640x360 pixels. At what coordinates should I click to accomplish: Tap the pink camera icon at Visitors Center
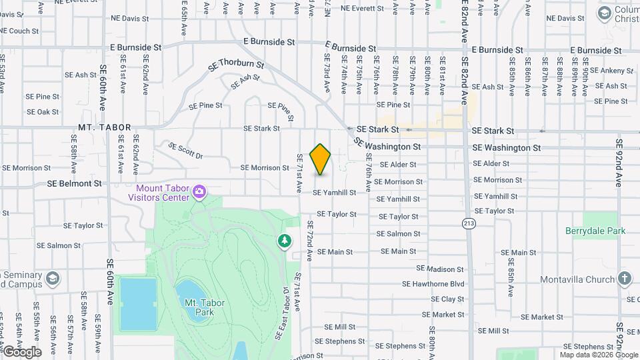pos(199,193)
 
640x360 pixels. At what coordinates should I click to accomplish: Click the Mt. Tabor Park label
pos(204,307)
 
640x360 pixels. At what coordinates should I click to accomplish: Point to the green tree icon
pos(285,240)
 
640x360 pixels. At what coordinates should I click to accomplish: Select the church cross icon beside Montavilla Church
pos(624,278)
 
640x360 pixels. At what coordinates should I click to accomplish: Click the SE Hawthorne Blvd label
pos(433,283)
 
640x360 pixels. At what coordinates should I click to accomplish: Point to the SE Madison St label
pos(439,269)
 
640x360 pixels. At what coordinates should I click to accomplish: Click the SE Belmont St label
pos(74,183)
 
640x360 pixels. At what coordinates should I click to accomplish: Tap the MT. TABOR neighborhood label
pos(105,127)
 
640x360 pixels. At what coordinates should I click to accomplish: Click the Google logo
pos(22,351)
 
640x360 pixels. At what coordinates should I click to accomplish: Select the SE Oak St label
pos(43,112)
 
